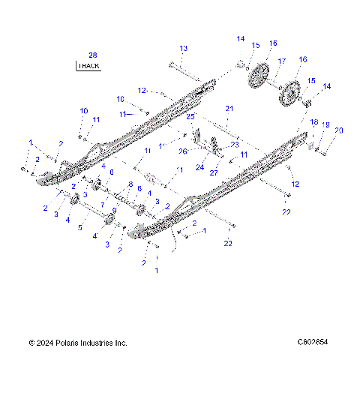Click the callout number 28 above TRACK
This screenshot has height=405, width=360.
[x=92, y=55]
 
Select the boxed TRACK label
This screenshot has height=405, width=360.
[x=88, y=66]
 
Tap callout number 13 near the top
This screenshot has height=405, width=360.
[x=184, y=48]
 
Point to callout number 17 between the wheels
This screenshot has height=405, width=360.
[x=282, y=61]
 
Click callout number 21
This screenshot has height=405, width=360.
[x=229, y=109]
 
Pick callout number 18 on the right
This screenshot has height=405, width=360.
[x=314, y=121]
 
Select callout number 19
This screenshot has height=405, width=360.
[x=325, y=125]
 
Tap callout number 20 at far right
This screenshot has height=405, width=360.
[x=338, y=130]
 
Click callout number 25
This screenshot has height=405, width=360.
[x=190, y=118]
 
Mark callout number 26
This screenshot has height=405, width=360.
[x=183, y=151]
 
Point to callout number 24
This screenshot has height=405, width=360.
[x=199, y=168]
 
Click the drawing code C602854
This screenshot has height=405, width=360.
[x=313, y=343]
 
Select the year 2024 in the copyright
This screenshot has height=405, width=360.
[x=47, y=343]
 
